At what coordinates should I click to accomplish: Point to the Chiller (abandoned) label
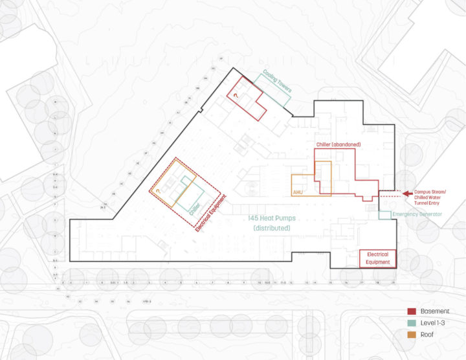[x=338, y=144]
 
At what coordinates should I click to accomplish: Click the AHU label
[x=298, y=192]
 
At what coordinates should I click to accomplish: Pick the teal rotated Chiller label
[x=195, y=208]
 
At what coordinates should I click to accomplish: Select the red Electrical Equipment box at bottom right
[x=378, y=258]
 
